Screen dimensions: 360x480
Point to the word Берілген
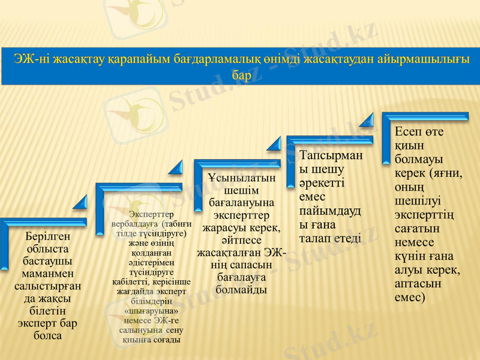click(x=48, y=236)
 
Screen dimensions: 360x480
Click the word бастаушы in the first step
click(x=48, y=262)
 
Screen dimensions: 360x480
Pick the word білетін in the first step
click(x=48, y=311)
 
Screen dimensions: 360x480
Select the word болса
click(x=48, y=336)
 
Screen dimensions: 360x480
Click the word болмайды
click(x=241, y=290)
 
